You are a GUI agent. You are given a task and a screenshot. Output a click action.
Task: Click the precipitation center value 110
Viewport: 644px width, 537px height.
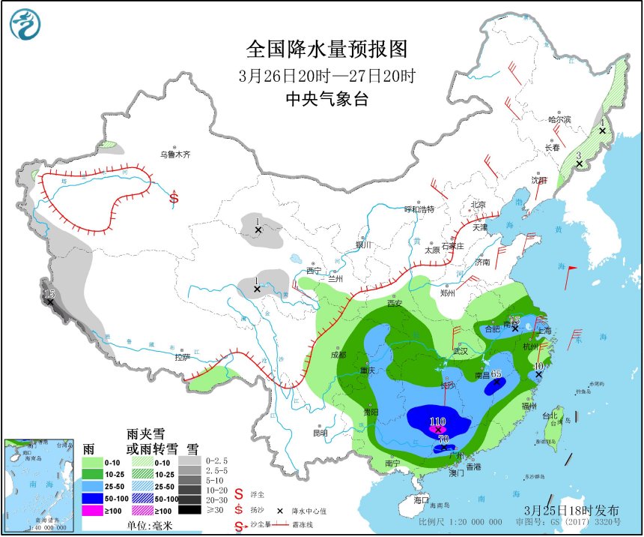click(437, 422)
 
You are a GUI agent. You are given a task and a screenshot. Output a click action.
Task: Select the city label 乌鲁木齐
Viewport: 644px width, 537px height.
click(174, 154)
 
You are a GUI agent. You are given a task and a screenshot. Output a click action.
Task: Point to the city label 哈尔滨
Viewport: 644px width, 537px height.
click(559, 119)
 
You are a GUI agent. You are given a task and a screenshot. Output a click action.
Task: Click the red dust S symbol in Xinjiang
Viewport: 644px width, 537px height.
click(174, 198)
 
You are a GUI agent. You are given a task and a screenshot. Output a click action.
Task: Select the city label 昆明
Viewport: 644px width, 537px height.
click(320, 433)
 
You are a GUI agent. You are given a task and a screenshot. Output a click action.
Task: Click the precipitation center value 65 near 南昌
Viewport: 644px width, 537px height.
click(496, 376)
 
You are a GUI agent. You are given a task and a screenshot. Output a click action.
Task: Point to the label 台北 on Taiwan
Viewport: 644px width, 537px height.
click(549, 415)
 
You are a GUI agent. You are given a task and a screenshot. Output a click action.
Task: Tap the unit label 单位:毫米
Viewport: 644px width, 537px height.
click(135, 526)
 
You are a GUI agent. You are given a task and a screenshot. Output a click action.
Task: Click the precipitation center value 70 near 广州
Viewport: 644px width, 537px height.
click(443, 439)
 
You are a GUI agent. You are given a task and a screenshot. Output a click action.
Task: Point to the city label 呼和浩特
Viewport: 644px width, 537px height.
click(419, 209)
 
